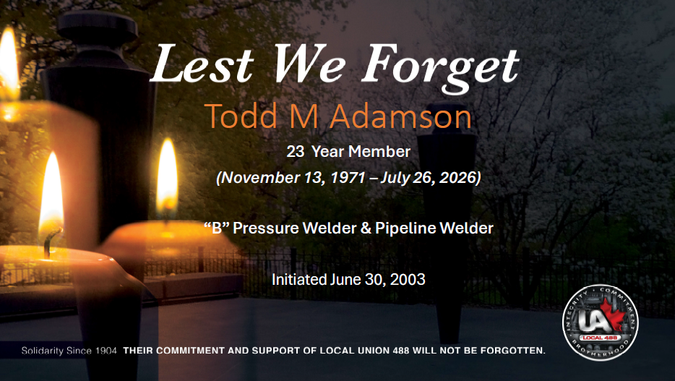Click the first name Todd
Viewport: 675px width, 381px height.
[x=241, y=116]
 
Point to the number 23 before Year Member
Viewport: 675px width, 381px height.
[x=296, y=152]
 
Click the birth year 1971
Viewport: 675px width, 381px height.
[x=348, y=177]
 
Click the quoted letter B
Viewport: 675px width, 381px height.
[x=216, y=228]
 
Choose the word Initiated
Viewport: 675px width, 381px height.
[x=298, y=279]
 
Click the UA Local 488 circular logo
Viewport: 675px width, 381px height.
[x=600, y=322]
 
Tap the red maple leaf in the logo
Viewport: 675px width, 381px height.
[x=611, y=314]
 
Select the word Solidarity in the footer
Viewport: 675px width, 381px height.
[x=43, y=351]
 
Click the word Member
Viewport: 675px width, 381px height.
[x=379, y=152]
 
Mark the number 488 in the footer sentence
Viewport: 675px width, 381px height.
[x=401, y=351]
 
